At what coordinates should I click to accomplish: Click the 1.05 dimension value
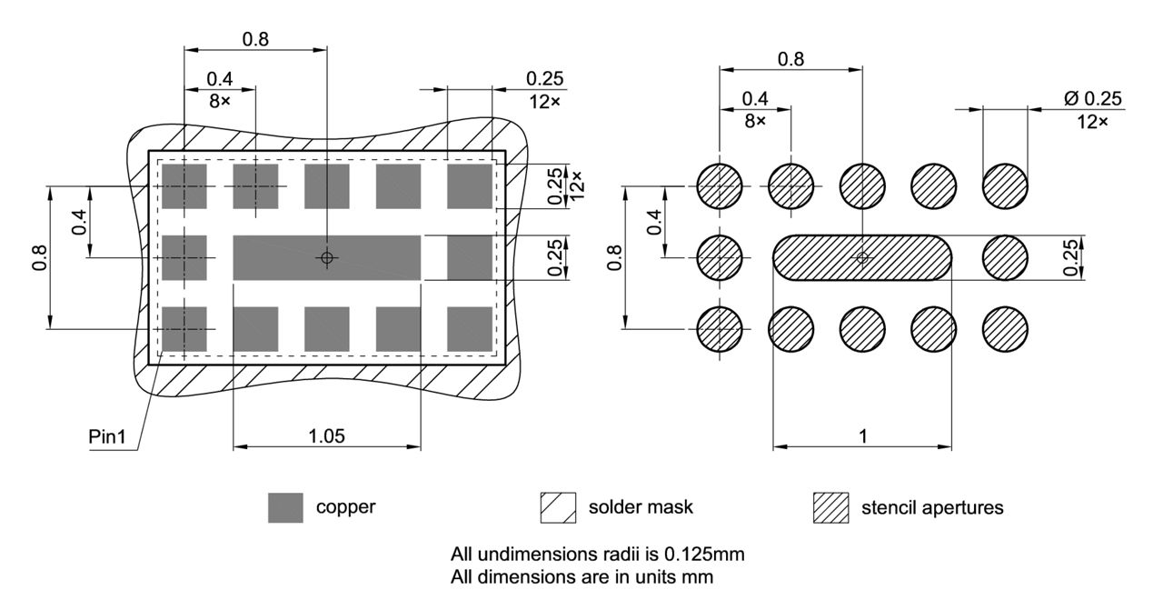(327, 435)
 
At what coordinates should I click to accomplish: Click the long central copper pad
(327, 257)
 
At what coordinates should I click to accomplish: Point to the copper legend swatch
(285, 507)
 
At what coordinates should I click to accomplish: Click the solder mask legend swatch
(558, 507)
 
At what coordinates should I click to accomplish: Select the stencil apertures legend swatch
(830, 507)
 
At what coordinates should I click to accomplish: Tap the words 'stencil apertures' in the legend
(932, 507)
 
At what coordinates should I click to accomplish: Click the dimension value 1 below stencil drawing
(862, 435)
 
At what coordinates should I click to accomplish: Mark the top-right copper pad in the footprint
(470, 186)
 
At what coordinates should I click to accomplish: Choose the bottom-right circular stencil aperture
(1005, 328)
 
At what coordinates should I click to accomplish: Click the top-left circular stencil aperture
(720, 186)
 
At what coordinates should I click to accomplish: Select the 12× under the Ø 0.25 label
(1090, 121)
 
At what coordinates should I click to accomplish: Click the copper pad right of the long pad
(470, 257)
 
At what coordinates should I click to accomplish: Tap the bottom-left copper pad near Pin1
(184, 328)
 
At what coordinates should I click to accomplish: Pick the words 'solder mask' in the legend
(641, 507)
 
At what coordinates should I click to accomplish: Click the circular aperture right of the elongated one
(1005, 257)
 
